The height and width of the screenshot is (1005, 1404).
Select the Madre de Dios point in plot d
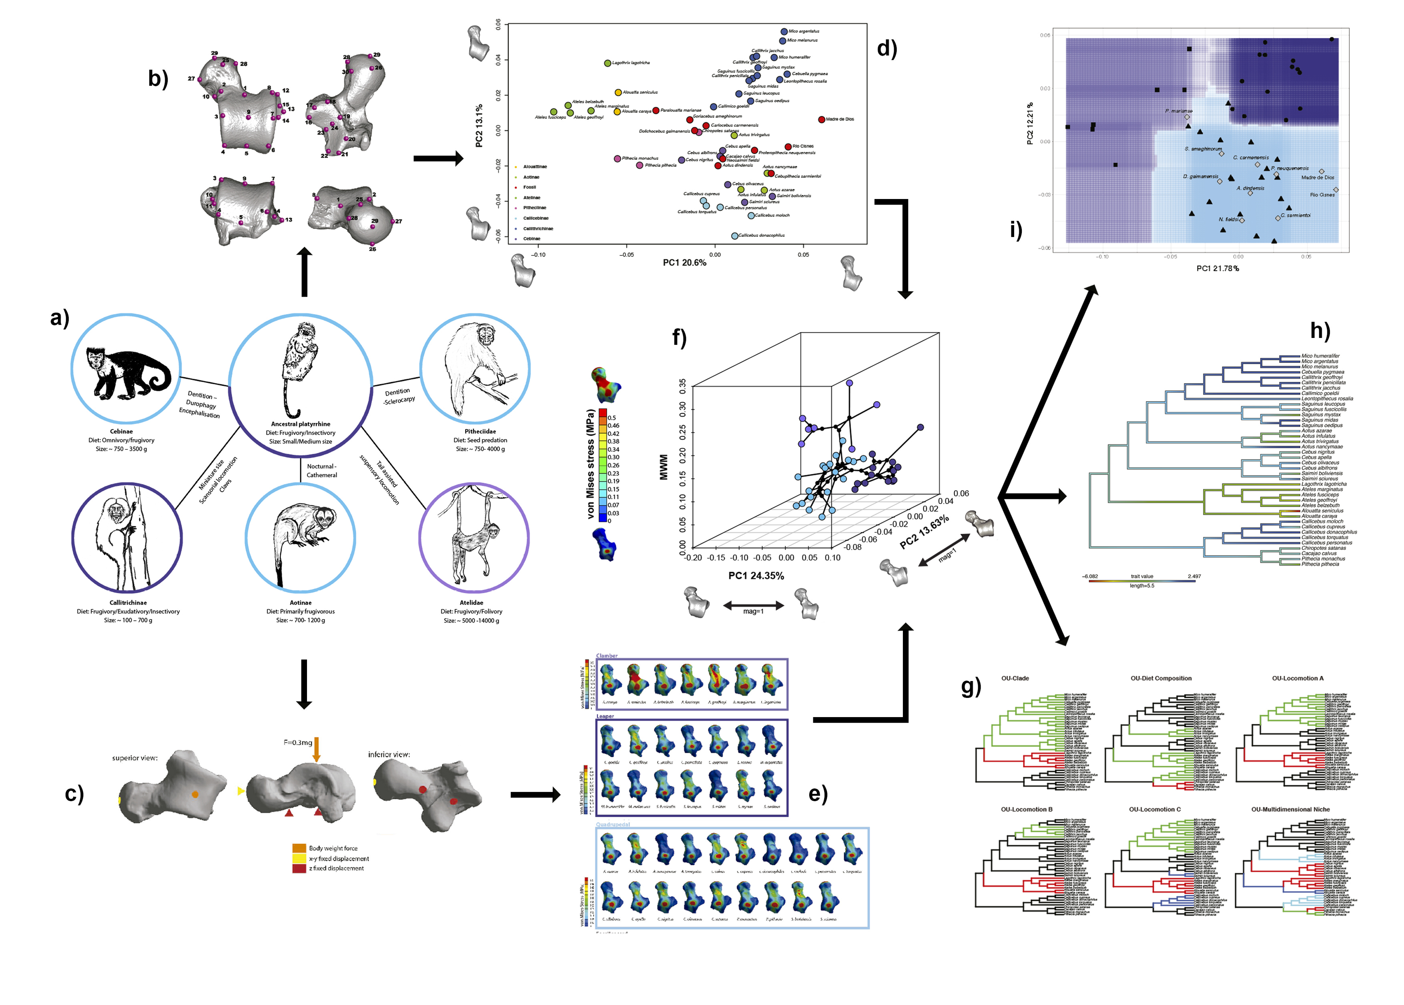tap(821, 119)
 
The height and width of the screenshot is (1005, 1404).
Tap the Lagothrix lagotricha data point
tap(608, 63)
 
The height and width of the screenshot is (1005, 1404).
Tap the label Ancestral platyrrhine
tap(301, 424)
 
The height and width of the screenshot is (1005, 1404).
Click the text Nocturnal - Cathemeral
tap(322, 470)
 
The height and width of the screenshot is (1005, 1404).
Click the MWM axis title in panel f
tap(664, 467)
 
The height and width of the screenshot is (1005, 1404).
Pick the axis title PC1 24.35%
tap(756, 575)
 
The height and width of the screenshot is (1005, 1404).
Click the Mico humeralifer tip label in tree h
tap(1320, 356)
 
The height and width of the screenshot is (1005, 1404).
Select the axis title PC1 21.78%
tap(1217, 268)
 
